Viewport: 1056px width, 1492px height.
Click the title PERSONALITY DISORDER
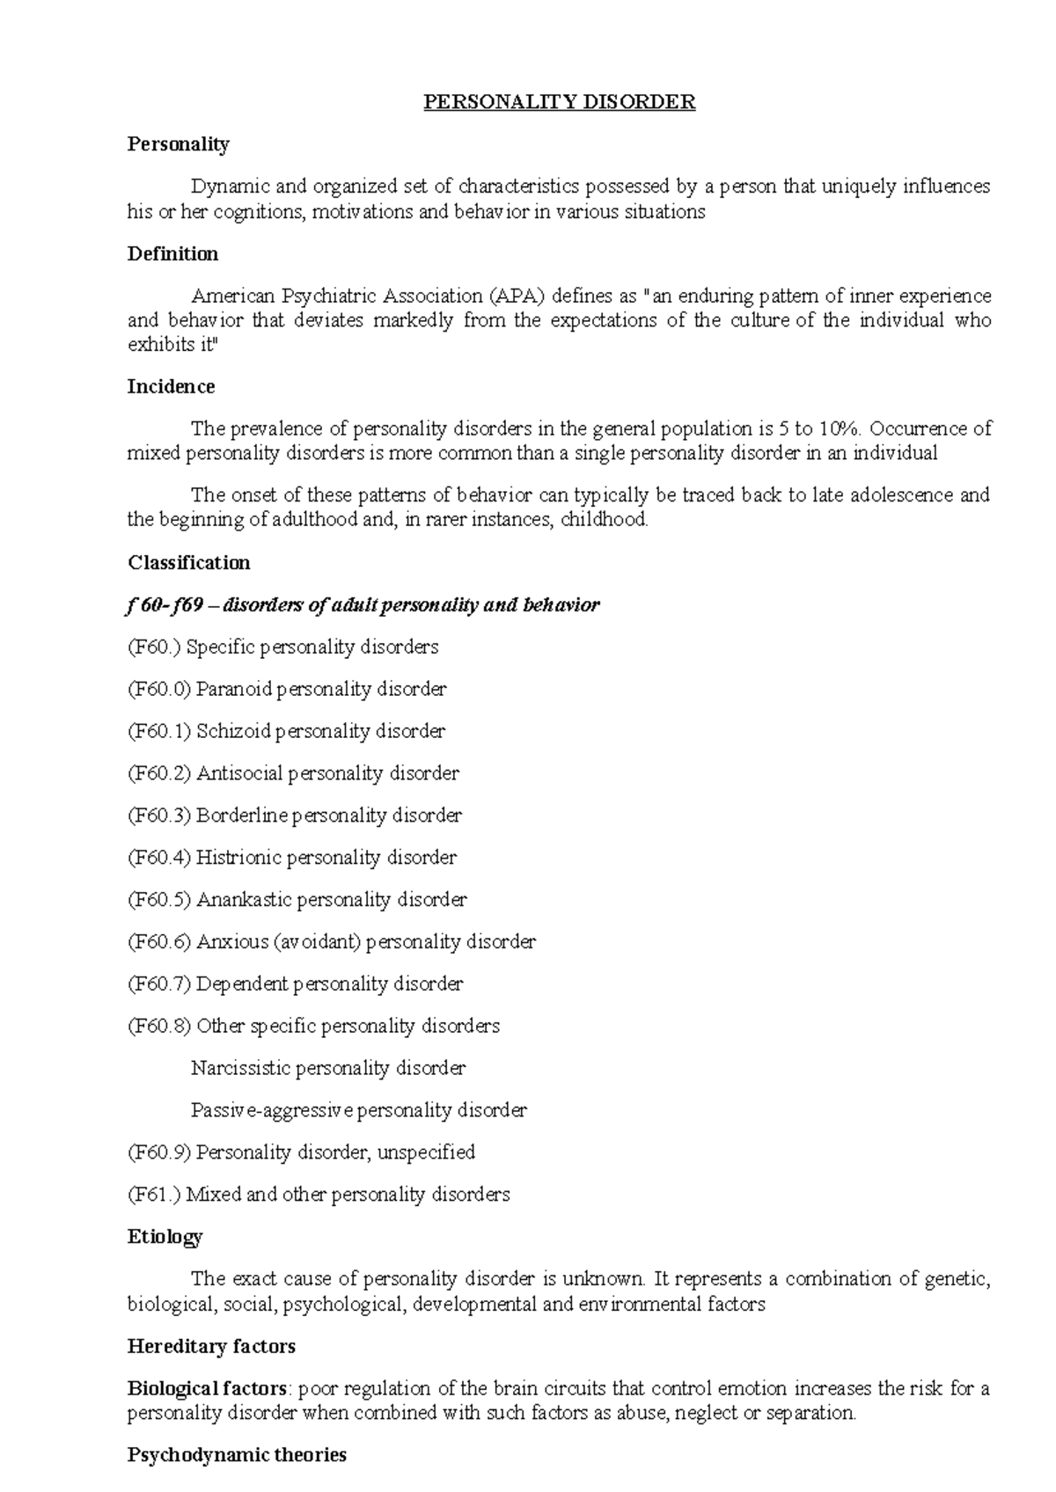(x=559, y=102)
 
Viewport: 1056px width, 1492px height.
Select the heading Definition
(x=172, y=254)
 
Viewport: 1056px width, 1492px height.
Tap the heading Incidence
(x=171, y=387)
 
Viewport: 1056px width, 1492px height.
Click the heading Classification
(x=188, y=563)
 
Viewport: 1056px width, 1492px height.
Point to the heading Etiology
(x=165, y=1237)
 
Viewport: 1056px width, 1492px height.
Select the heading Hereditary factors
(x=211, y=1347)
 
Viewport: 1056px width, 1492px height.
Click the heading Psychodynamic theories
(x=237, y=1455)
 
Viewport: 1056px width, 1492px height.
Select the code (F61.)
(x=154, y=1195)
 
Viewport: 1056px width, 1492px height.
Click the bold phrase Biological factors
(x=208, y=1389)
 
